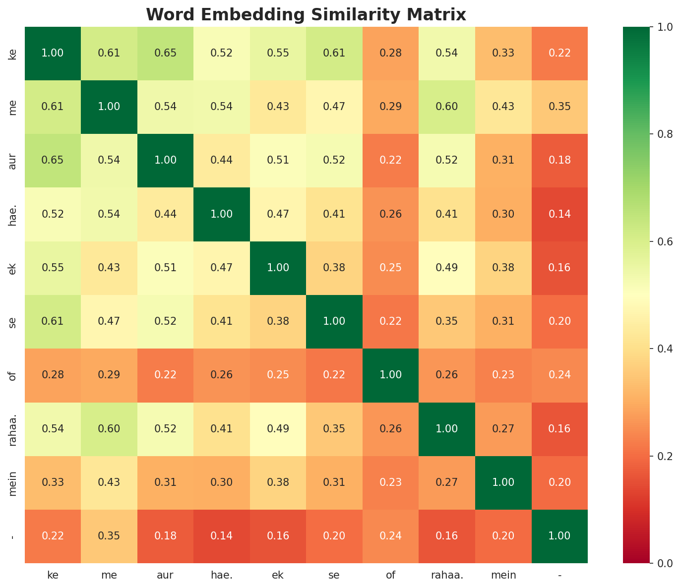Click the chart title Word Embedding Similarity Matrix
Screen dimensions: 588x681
pyautogui.click(x=306, y=14)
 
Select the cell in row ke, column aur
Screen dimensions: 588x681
pyautogui.click(x=165, y=53)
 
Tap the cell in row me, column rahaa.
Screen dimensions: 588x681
pyautogui.click(x=447, y=107)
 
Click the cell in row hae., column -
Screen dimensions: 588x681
pyautogui.click(x=559, y=214)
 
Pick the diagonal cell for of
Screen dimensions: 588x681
pyautogui.click(x=390, y=375)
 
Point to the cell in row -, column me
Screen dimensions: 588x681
pyautogui.click(x=109, y=535)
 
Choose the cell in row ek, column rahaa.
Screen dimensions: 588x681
pyautogui.click(x=447, y=268)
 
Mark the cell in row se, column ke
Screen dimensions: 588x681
pyautogui.click(x=53, y=321)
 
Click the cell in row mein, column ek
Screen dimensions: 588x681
pyautogui.click(x=278, y=482)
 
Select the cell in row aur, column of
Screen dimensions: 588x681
pyautogui.click(x=390, y=160)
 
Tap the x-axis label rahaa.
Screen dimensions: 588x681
pyautogui.click(x=447, y=575)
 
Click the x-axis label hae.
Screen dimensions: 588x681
pyautogui.click(x=222, y=575)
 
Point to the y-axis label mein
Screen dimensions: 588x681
pyautogui.click(x=13, y=482)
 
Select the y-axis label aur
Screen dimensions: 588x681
pyautogui.click(x=13, y=160)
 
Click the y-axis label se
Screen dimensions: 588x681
pyautogui.click(x=13, y=321)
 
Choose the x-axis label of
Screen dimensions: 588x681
pyautogui.click(x=390, y=575)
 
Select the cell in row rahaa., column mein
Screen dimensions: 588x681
pyautogui.click(x=503, y=428)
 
